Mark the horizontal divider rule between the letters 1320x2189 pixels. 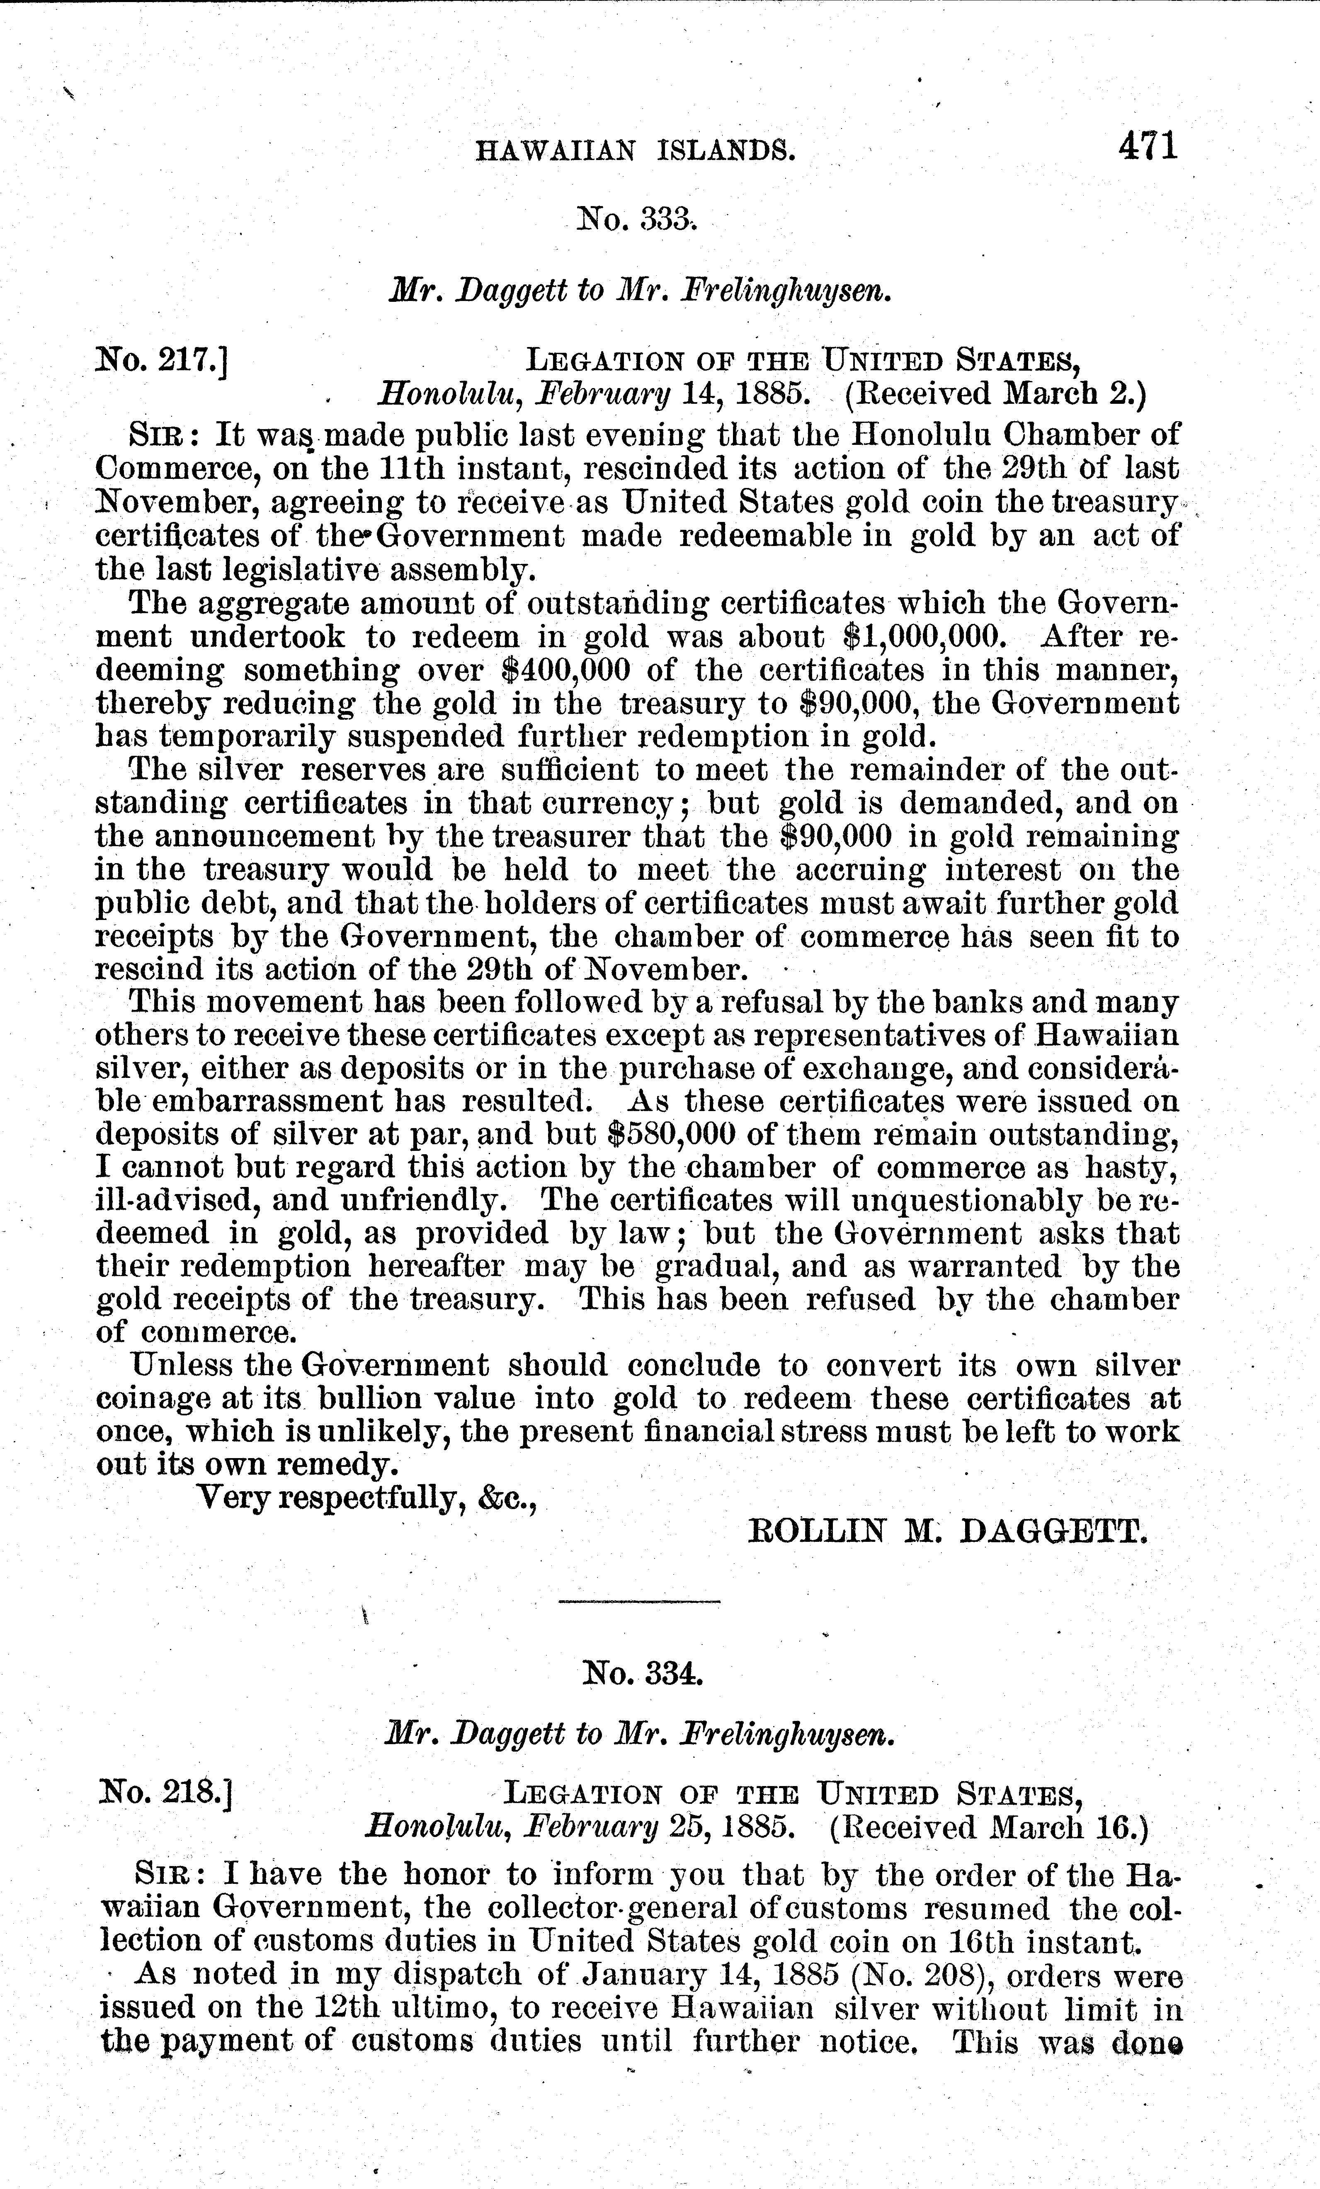point(639,1602)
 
